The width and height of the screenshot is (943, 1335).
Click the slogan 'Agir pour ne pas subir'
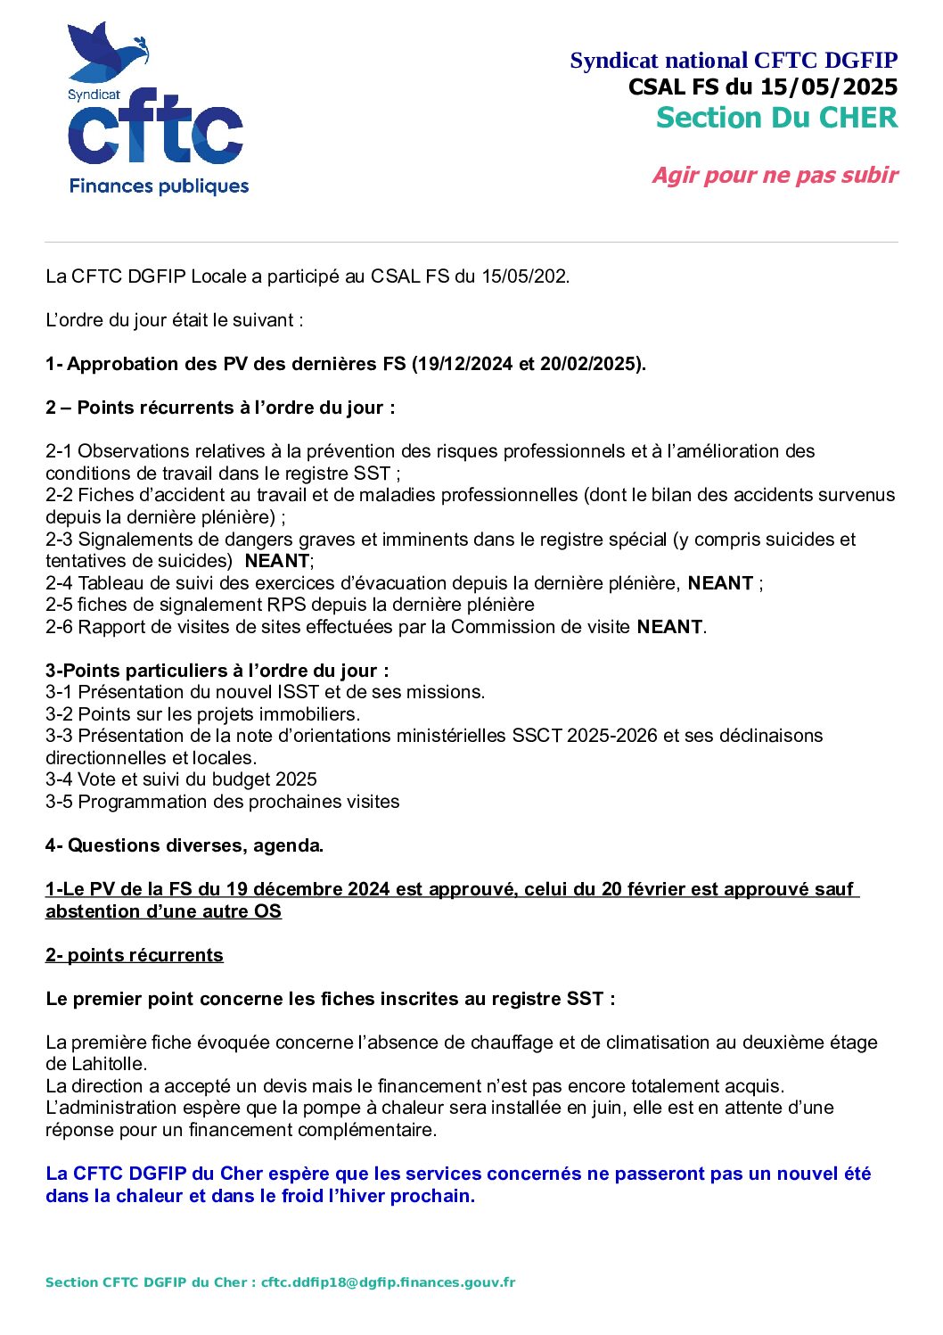[x=775, y=175]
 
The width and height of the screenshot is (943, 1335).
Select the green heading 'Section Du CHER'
[x=776, y=118]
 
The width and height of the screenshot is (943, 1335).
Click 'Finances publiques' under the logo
[x=159, y=186]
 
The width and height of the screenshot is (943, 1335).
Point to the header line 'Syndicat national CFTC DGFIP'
[x=733, y=61]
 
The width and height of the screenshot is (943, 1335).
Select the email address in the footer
[x=388, y=1282]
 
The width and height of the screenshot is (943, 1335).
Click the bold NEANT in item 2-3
[x=276, y=561]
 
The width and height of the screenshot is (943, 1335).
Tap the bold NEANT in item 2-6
[x=669, y=627]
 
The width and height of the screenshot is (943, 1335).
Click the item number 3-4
[x=60, y=779]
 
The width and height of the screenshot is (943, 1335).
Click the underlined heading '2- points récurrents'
[x=135, y=955]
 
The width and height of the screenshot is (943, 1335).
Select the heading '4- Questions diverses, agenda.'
[x=184, y=845]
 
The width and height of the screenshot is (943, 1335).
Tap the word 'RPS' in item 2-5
[x=287, y=605]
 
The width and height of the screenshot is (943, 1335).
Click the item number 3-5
[x=60, y=802]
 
